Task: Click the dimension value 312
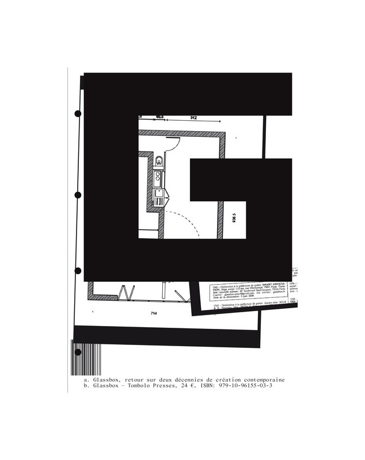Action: click(x=193, y=118)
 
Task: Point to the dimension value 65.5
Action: click(x=160, y=117)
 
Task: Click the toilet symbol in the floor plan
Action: click(x=158, y=161)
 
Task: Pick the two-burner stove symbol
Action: click(x=157, y=178)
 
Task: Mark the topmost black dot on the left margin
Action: click(x=78, y=114)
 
